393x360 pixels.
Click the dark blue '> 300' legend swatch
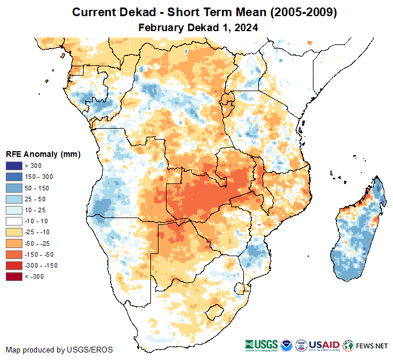tap(14, 166)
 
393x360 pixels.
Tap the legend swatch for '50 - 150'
tap(14, 188)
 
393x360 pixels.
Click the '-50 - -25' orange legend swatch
tap(14, 243)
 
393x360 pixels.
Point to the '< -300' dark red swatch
tap(14, 277)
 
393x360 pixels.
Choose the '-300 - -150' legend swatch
tap(14, 265)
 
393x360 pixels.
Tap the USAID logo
tap(325, 345)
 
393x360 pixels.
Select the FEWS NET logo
tap(365, 346)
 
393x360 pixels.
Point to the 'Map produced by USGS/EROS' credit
tap(59, 350)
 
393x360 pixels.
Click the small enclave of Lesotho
tap(214, 312)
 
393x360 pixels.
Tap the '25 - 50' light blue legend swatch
tap(14, 199)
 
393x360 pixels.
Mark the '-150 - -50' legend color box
tap(14, 254)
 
